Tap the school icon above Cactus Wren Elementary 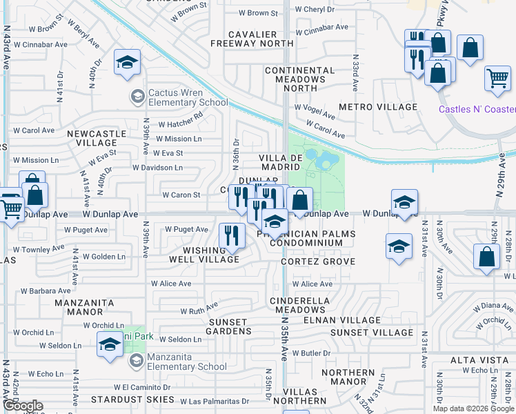(127, 63)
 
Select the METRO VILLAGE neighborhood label (378, 107)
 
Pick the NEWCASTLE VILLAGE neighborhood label (97, 138)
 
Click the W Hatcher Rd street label (180, 125)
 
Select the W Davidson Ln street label (157, 168)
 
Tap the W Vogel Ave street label (314, 108)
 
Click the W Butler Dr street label (312, 353)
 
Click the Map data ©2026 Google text (473, 408)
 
